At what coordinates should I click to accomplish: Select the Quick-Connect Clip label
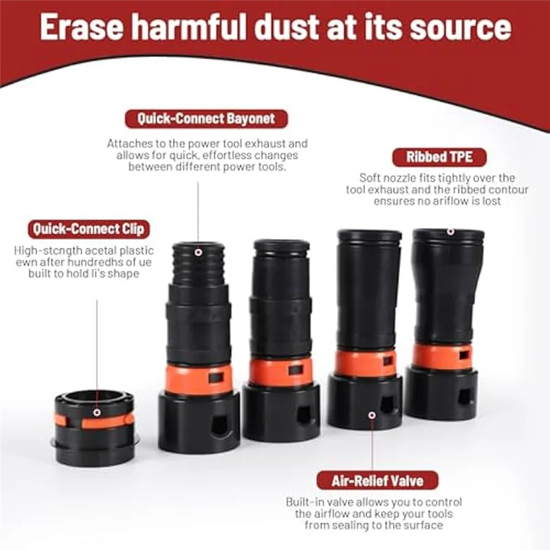point(91,229)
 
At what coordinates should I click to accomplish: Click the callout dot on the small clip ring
point(97,412)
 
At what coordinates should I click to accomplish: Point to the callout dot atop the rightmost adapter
point(450,233)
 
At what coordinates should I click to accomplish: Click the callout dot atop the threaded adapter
point(198,253)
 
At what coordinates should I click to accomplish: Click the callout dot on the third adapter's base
point(372,415)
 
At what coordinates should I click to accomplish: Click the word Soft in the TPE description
point(372,177)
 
